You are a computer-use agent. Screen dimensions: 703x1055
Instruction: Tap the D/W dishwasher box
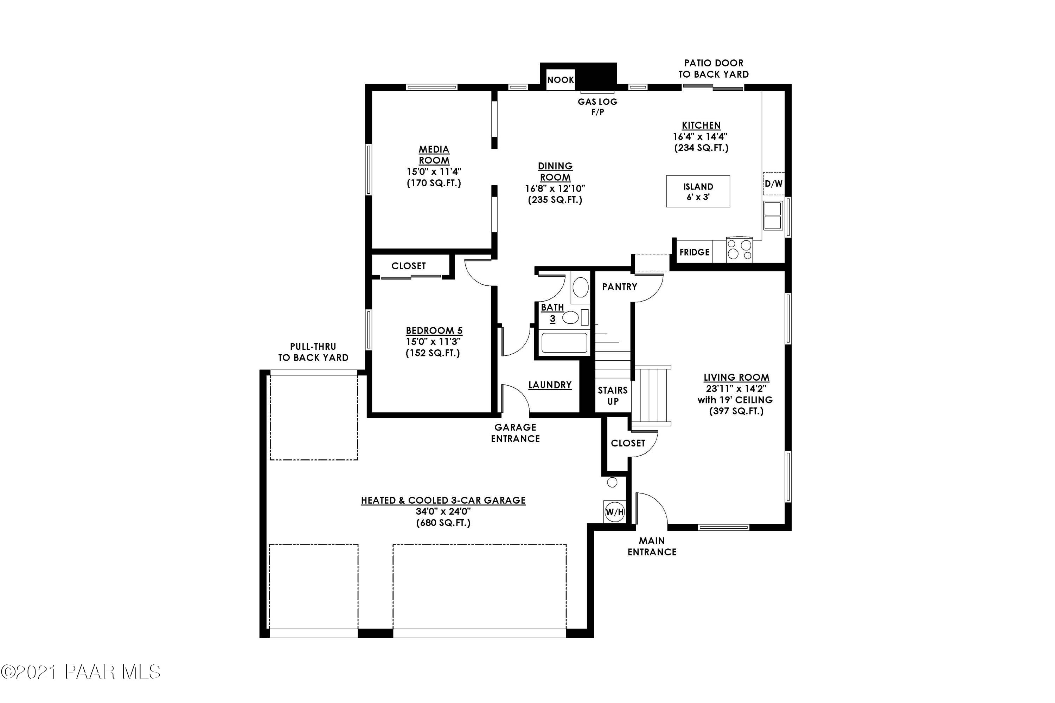click(x=773, y=183)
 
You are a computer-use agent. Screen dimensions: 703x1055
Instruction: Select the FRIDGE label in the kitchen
click(x=694, y=252)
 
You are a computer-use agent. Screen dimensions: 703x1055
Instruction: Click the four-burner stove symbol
click(x=739, y=250)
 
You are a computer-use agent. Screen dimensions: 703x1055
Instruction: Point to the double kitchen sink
click(x=773, y=216)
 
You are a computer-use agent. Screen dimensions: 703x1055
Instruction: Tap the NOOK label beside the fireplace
click(x=560, y=80)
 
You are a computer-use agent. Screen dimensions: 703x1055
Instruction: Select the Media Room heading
click(x=434, y=155)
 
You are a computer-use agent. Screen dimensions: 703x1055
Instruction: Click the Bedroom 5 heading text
click(x=434, y=330)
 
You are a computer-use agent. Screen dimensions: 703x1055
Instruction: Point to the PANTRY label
click(x=619, y=287)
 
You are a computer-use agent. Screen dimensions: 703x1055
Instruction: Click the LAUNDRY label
click(x=550, y=385)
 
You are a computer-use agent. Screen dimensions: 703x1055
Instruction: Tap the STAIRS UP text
click(x=612, y=396)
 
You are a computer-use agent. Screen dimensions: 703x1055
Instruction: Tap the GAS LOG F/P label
click(x=597, y=107)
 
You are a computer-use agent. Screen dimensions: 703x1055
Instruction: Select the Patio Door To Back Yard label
click(x=713, y=69)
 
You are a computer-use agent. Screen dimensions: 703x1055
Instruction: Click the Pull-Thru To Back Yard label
click(x=313, y=352)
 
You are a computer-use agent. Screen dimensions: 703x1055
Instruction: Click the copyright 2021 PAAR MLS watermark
click(x=81, y=672)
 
